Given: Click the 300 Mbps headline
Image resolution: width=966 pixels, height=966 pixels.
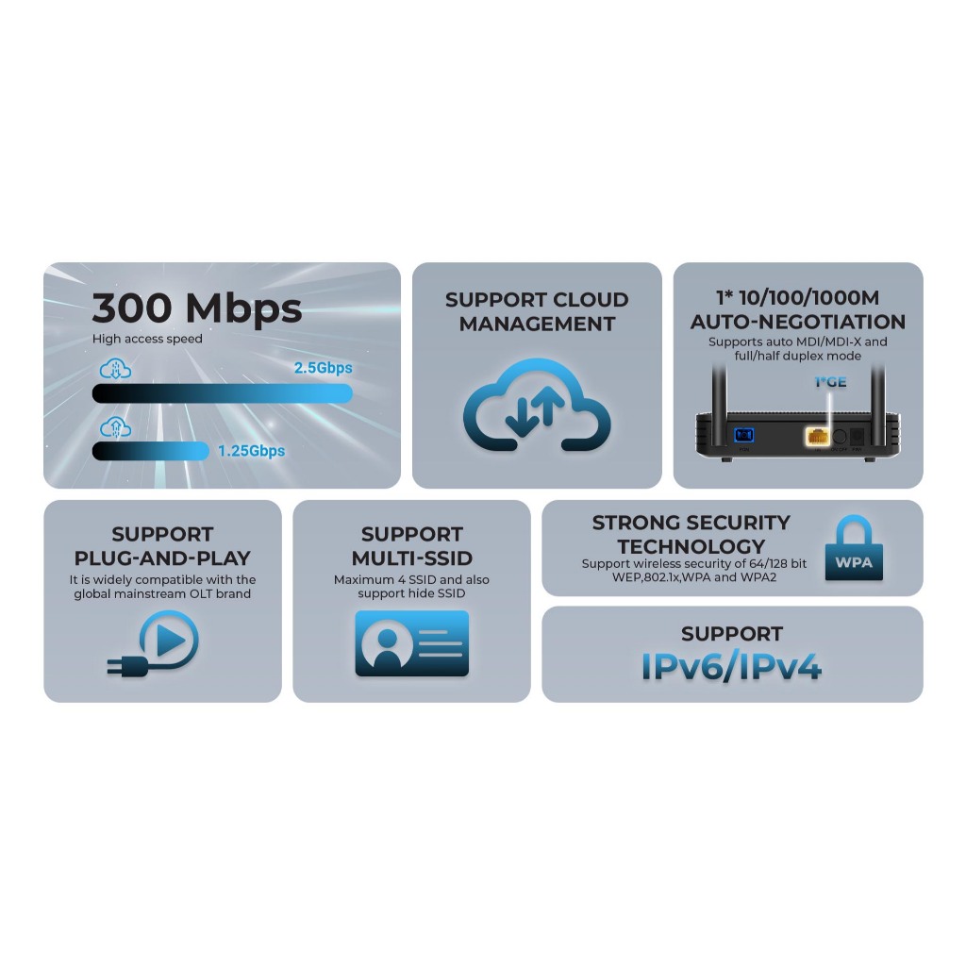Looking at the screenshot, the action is [x=197, y=308].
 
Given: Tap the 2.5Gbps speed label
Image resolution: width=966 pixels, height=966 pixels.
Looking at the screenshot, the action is [x=323, y=368].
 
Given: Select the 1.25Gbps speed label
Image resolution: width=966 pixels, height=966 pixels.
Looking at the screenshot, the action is [x=251, y=451].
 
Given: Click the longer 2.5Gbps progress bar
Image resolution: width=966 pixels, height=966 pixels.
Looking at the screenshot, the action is [x=222, y=392].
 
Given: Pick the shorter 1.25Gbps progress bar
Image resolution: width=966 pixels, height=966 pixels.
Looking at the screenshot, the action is [x=150, y=451].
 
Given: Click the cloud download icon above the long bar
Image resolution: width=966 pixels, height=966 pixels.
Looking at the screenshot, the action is [x=115, y=370].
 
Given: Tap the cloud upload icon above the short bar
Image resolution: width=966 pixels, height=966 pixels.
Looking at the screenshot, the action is [x=115, y=426].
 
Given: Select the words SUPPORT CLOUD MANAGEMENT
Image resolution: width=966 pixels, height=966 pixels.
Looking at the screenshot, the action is [x=536, y=311].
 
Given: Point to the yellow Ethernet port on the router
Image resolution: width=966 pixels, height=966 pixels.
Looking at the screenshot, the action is [x=816, y=437].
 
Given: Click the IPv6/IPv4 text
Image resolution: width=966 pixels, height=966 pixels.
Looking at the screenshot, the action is [x=731, y=667].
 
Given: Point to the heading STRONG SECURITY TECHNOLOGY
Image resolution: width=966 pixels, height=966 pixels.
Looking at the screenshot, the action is [x=691, y=534].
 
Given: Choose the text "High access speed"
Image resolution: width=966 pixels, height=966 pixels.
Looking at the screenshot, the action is [x=147, y=339].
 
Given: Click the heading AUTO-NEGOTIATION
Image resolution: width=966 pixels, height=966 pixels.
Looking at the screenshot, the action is [x=797, y=322].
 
